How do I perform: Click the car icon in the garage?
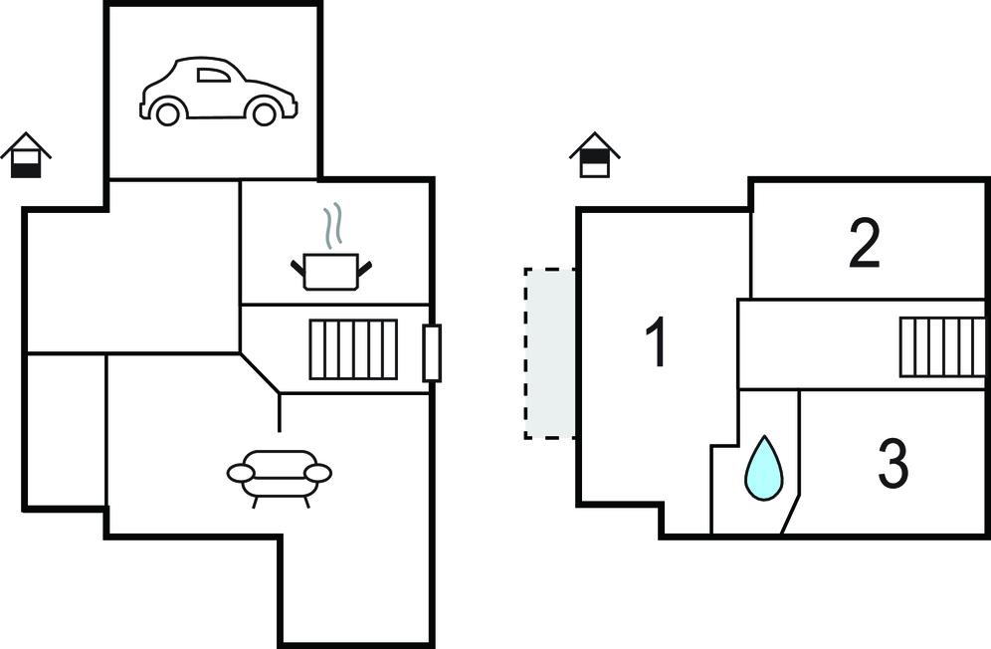218,92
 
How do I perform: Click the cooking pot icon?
330,270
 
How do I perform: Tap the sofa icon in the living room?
280,475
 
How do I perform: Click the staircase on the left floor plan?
353,349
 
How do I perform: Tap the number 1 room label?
656,341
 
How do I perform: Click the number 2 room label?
864,244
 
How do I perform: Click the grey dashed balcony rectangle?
550,353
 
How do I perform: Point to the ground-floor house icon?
26,156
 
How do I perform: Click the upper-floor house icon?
594,155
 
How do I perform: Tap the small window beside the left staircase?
432,353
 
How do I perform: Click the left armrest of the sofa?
241,473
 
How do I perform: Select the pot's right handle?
364,267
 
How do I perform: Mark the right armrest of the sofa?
317,473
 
